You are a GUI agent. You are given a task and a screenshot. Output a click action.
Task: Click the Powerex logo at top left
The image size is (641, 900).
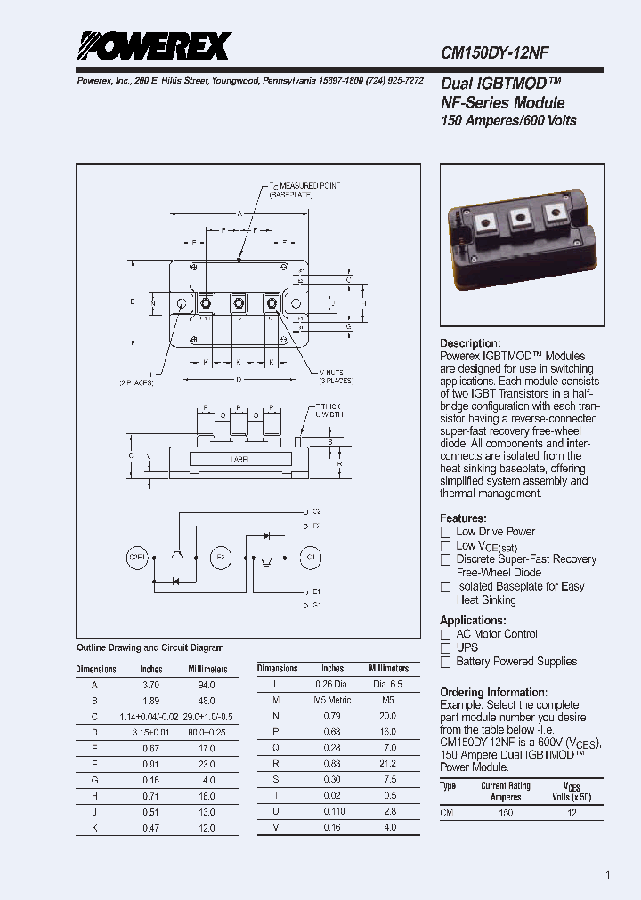coord(154,45)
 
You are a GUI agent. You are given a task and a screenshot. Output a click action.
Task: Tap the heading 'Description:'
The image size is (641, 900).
coord(470,343)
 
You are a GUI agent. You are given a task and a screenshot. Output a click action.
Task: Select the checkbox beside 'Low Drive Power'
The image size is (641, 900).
coord(446,532)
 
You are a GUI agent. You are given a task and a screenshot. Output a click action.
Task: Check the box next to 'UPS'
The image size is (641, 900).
coord(446,648)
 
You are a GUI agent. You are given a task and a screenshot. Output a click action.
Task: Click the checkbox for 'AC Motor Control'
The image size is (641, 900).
coord(446,634)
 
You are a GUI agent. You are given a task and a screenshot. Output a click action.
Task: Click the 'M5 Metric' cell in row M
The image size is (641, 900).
coord(332,700)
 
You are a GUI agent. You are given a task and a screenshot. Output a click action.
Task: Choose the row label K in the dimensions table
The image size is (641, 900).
coord(94,828)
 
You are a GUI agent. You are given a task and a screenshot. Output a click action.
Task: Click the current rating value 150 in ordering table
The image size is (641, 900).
coord(505,813)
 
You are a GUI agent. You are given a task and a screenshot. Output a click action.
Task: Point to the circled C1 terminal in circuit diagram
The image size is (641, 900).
coord(312,558)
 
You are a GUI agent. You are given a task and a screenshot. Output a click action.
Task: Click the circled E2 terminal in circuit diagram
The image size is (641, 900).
coord(221,558)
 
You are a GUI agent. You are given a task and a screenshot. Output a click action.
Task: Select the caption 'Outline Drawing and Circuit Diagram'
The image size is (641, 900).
coord(150,647)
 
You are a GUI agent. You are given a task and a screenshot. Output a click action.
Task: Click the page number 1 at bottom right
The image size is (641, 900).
coord(608,875)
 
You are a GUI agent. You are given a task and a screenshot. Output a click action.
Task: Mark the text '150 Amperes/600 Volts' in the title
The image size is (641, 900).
coord(508,121)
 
